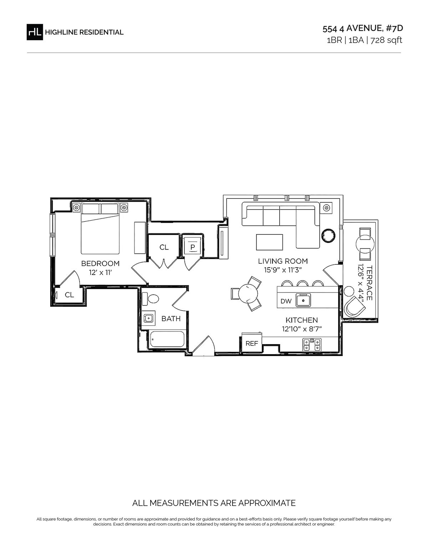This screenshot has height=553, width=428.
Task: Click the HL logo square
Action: click(x=35, y=32)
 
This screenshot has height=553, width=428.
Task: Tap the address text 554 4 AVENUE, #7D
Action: click(x=363, y=29)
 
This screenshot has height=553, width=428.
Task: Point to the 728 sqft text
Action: click(x=386, y=40)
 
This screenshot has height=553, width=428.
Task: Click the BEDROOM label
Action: click(x=100, y=263)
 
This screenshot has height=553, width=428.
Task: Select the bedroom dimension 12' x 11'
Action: click(x=100, y=273)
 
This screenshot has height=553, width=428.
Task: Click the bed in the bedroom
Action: click(x=100, y=228)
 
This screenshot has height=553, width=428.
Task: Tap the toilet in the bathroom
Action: click(x=150, y=299)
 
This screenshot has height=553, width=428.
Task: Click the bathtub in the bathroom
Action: click(x=167, y=339)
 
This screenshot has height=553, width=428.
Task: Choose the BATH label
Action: click(x=171, y=319)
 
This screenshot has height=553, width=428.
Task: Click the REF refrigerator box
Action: click(x=251, y=343)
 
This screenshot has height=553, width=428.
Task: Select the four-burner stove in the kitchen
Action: click(x=312, y=345)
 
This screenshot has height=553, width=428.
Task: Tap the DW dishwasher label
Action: click(x=286, y=301)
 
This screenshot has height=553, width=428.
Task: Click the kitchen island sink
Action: click(x=303, y=300)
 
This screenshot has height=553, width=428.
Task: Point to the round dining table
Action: click(x=248, y=293)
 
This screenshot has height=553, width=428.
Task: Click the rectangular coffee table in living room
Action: click(x=269, y=242)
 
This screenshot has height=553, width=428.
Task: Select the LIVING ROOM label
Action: click(x=283, y=261)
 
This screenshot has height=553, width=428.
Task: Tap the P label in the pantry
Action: click(x=193, y=247)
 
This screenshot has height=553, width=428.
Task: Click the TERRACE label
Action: click(x=369, y=283)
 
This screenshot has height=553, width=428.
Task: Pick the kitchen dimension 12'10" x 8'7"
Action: click(x=302, y=329)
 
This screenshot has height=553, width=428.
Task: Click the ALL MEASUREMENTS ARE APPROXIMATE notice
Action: click(x=214, y=503)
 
